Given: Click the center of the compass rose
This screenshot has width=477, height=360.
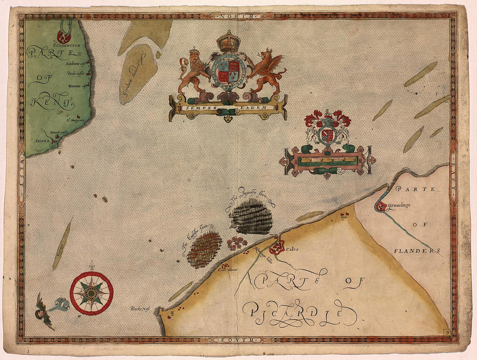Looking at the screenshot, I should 91,293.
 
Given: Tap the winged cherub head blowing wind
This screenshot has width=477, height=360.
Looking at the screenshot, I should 42,309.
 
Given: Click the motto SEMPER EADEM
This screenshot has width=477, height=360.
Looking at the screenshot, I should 228,107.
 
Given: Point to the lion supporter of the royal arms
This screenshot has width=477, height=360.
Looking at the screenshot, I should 194,72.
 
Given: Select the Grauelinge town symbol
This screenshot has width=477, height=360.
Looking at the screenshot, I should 381,207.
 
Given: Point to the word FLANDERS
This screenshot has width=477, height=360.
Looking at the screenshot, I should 417,251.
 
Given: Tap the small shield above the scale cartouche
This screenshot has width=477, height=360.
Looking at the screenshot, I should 328,135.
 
